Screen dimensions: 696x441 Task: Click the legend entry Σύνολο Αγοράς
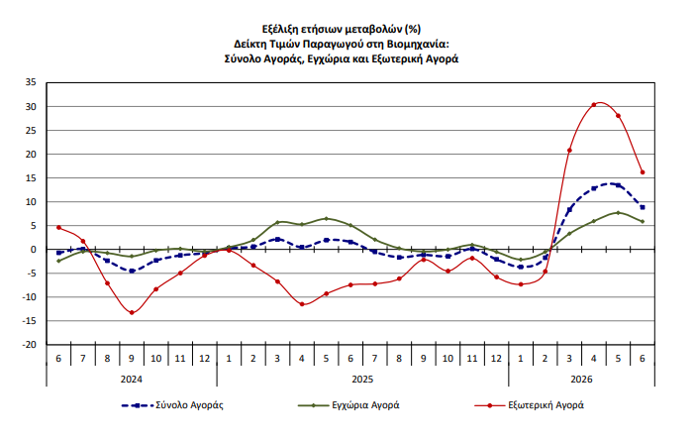[x=172, y=405]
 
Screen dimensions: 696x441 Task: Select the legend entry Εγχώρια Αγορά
[x=348, y=405]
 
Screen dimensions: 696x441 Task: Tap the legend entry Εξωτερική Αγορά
[x=529, y=405]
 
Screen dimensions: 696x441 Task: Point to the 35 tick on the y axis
[x=31, y=82]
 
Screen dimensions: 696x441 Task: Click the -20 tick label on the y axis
[x=30, y=344]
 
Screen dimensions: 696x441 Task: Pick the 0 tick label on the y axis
[x=34, y=250]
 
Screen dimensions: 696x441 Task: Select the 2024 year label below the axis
[x=132, y=380]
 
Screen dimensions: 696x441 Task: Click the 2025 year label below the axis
[x=362, y=380]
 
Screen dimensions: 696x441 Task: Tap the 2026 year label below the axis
[x=581, y=380]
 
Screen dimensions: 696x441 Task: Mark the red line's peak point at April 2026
[x=594, y=105]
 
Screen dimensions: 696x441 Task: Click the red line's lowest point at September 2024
[x=132, y=312]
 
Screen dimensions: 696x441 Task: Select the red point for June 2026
[x=643, y=172]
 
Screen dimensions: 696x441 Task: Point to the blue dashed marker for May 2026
[x=619, y=185]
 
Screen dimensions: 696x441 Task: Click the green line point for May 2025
[x=327, y=218]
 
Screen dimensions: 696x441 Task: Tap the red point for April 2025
[x=302, y=304]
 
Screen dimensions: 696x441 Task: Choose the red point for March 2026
[x=569, y=150]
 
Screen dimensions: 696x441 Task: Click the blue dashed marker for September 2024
[x=132, y=271]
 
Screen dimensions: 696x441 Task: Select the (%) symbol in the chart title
[x=413, y=30]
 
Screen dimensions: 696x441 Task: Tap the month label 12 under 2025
[x=496, y=359]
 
